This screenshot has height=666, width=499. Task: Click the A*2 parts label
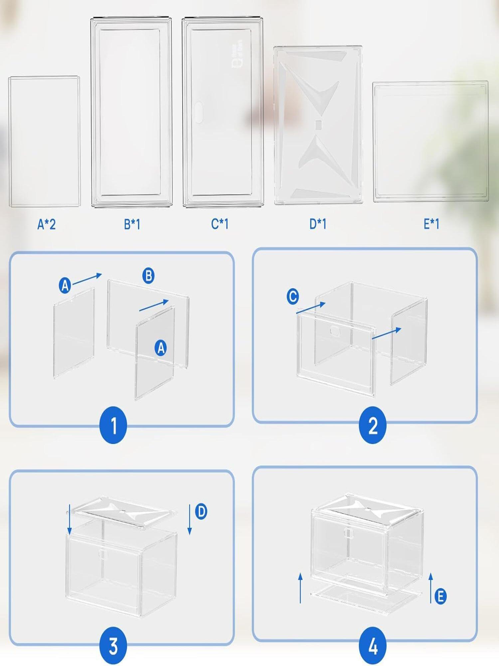click(47, 224)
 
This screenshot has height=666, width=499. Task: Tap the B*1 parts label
click(132, 224)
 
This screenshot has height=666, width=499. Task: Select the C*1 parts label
click(220, 224)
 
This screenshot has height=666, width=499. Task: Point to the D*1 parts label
click(318, 224)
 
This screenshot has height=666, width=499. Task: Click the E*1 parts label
click(431, 224)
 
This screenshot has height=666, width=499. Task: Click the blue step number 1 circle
click(113, 425)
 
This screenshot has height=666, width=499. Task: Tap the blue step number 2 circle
click(373, 425)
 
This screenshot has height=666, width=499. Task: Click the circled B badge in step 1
click(148, 276)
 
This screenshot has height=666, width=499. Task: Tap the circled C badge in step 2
click(293, 296)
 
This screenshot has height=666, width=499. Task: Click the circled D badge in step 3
click(201, 511)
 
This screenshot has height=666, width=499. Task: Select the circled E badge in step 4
click(440, 596)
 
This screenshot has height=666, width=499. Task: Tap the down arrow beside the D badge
click(190, 519)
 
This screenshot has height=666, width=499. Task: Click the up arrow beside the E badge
click(431, 588)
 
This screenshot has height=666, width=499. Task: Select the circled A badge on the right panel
click(161, 348)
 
